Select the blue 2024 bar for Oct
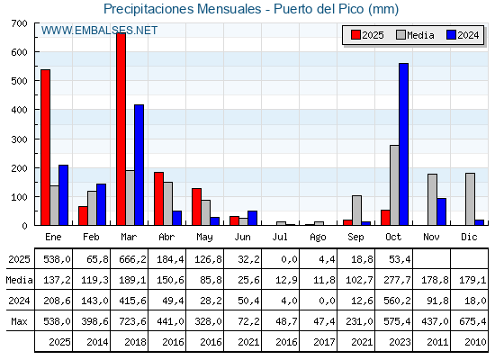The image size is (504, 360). pyautogui.click(x=403, y=144)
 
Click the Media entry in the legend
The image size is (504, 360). pyautogui.click(x=414, y=35)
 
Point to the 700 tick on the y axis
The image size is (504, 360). pyautogui.click(x=19, y=23)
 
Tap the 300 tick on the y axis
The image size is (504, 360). pyautogui.click(x=19, y=139)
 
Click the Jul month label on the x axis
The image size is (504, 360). pyautogui.click(x=281, y=237)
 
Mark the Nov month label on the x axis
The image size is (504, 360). pyautogui.click(x=432, y=237)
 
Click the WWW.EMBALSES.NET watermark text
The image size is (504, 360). pyautogui.click(x=99, y=31)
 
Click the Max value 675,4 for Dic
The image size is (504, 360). pyautogui.click(x=470, y=320)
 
